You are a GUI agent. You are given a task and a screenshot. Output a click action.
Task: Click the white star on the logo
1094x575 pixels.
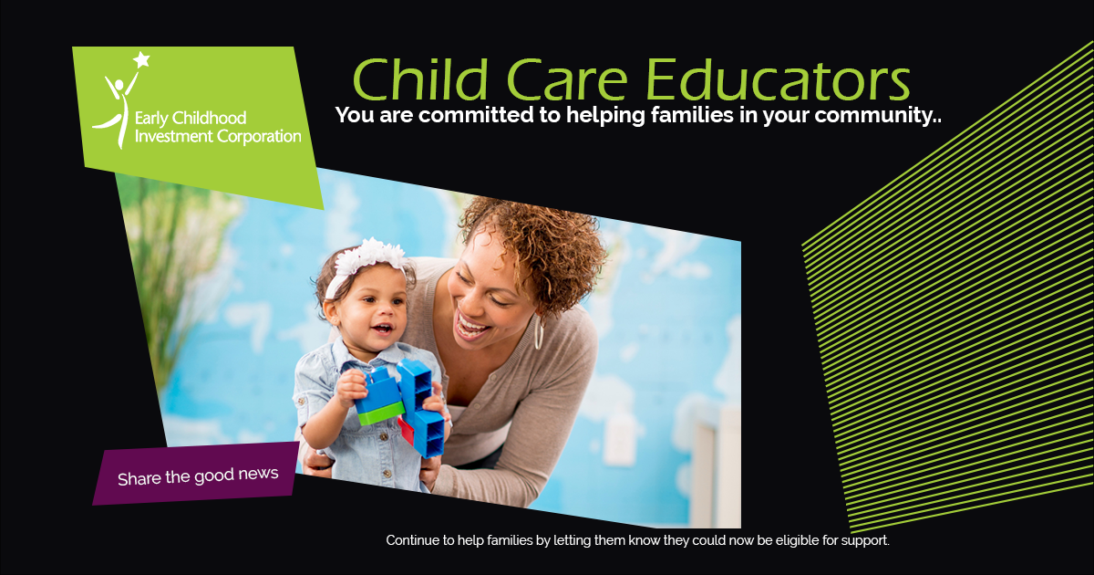(x=140, y=60)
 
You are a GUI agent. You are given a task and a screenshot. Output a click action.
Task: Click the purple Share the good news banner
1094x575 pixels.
(x=197, y=476)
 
